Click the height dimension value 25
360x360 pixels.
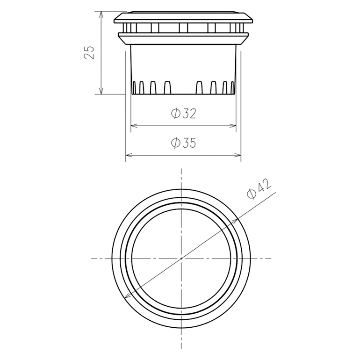(89, 52)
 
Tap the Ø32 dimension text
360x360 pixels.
(183, 114)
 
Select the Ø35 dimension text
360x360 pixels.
(183, 143)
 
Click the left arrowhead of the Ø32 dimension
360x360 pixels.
(133, 126)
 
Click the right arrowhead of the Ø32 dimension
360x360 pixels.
(233, 126)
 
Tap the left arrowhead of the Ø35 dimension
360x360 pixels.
(128, 155)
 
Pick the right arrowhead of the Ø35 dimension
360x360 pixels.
(238, 155)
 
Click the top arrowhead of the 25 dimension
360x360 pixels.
(101, 14)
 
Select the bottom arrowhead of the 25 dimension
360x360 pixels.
(101, 91)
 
